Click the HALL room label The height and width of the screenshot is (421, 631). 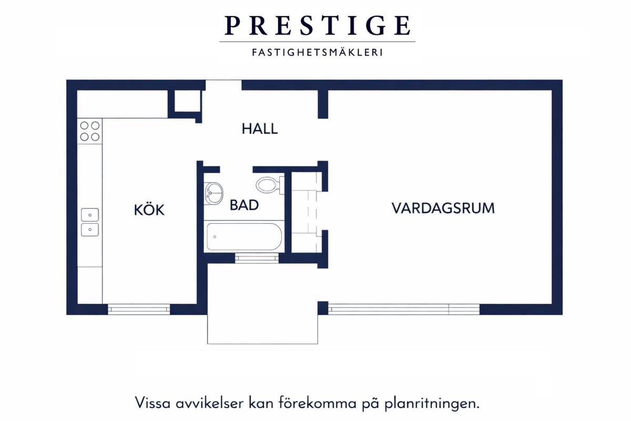pos(260,129)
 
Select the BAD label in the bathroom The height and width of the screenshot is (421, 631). pos(244,205)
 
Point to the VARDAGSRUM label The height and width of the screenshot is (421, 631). pos(443,208)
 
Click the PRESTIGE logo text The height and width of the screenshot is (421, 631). pos(318,26)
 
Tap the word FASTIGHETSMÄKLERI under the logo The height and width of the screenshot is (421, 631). pos(318,53)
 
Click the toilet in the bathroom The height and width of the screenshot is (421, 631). pos(270,185)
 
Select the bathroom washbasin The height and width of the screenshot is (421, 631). pos(213,193)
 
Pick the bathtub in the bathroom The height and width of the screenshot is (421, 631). pos(244,237)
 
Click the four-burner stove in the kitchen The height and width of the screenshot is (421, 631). pos(90,131)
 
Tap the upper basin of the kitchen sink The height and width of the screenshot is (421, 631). pos(90,215)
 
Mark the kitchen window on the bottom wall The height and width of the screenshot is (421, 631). pos(139,309)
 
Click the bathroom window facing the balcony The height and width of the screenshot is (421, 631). pos(257,258)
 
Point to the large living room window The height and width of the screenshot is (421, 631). pos(404,309)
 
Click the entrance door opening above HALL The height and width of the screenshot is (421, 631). pos(223,85)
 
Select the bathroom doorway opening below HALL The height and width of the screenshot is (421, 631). pos(236,169)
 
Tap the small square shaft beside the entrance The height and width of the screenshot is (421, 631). pos(187,101)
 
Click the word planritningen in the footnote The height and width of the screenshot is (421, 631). pos(432,404)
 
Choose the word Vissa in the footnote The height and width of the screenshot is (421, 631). pos(152,403)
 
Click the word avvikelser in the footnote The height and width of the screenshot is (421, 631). pos(209,403)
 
